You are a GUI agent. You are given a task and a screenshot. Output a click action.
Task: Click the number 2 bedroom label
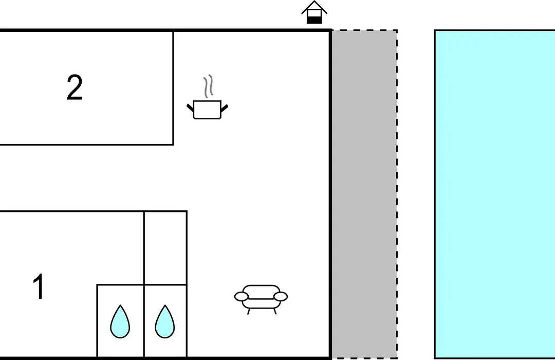click(x=75, y=87)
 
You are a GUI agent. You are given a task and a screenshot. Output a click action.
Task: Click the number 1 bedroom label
click(x=38, y=286)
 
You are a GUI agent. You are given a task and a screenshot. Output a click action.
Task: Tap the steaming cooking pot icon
click(x=208, y=97)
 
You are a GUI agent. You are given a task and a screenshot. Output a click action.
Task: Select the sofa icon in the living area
click(x=261, y=299)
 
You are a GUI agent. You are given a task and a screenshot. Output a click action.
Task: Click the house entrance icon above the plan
click(x=314, y=12)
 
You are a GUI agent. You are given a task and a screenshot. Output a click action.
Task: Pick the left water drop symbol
click(x=120, y=321)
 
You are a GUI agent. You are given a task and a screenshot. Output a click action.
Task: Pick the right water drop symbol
click(x=164, y=321)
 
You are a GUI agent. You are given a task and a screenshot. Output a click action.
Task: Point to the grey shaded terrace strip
click(x=364, y=194)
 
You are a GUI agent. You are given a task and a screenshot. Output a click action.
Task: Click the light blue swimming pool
click(x=495, y=194)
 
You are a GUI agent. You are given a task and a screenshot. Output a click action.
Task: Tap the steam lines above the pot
click(x=208, y=86)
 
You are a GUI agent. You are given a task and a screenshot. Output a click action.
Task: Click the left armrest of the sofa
click(x=242, y=297)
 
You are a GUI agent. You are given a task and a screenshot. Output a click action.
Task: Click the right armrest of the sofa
click(x=281, y=297)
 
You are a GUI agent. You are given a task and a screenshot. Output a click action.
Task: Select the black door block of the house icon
click(x=314, y=20)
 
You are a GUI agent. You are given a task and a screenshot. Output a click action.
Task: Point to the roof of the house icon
click(x=314, y=7)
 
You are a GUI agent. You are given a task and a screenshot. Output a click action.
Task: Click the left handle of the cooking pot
click(x=191, y=107)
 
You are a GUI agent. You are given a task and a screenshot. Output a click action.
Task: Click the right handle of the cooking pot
click(x=225, y=107)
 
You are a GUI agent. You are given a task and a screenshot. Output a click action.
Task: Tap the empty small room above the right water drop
click(x=165, y=248)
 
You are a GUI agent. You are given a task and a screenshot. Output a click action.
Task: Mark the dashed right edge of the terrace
click(x=397, y=194)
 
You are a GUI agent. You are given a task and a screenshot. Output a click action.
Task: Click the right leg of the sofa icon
click(x=274, y=311)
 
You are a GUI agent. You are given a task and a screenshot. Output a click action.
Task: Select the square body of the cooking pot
click(x=208, y=110)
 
